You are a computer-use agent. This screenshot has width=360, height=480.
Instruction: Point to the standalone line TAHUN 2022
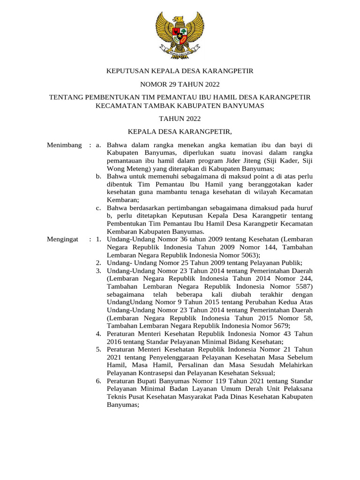[180, 119]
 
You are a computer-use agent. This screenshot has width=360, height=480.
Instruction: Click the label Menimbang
[65, 145]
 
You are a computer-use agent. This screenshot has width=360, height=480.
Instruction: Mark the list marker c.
[99, 208]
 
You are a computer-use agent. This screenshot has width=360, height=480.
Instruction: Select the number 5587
[302, 286]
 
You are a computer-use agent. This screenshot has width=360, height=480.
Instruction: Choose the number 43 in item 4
[285, 334]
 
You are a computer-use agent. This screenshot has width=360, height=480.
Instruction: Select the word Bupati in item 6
[150, 381]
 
